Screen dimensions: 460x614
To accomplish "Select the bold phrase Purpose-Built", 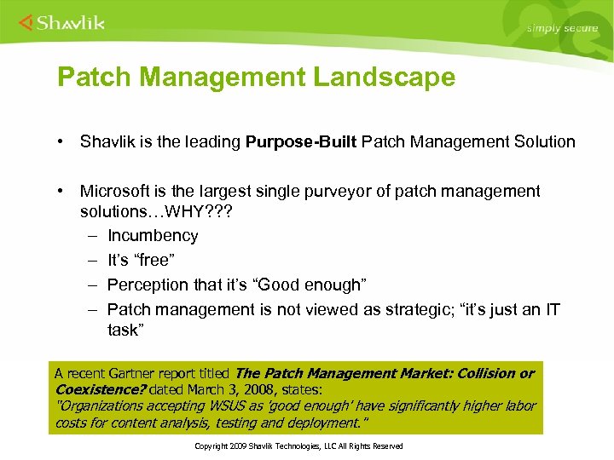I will click(301, 141).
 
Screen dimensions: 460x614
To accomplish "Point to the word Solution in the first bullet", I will click(543, 141).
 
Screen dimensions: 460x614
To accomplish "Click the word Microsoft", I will click(116, 191).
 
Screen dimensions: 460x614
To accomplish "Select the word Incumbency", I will click(153, 235).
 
